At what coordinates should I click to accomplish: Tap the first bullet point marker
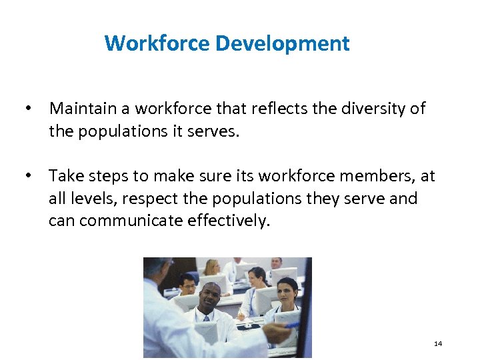27,108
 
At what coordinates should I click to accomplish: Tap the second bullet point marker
27,176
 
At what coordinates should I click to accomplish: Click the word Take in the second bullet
65,176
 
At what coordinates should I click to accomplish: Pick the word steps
107,176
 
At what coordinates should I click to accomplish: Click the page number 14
438,343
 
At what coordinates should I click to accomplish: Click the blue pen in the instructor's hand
291,325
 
